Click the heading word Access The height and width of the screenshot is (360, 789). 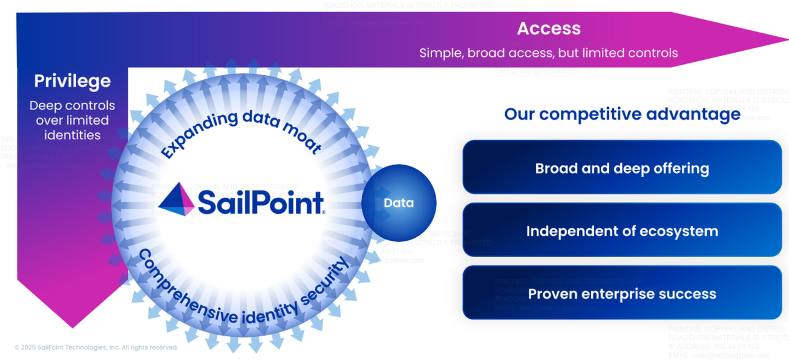(x=548, y=28)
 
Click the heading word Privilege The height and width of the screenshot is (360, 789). (x=72, y=81)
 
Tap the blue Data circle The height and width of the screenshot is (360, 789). (x=399, y=203)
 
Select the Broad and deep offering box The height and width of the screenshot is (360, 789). (x=622, y=168)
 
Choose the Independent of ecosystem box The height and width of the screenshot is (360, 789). (x=622, y=231)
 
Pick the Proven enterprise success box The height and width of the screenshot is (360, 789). (x=622, y=294)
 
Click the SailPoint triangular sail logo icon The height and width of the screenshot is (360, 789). (x=176, y=199)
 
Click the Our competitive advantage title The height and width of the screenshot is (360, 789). (x=622, y=114)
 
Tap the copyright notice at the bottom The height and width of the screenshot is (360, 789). (x=96, y=347)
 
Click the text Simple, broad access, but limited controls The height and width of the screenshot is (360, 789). (x=548, y=53)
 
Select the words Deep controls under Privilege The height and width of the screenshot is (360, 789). (x=72, y=106)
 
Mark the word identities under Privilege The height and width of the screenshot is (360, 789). (x=72, y=135)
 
